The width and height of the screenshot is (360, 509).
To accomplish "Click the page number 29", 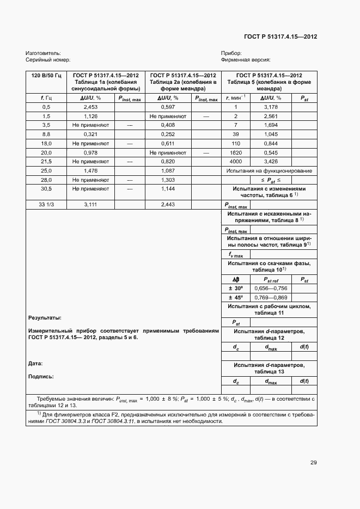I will [x=313, y=463].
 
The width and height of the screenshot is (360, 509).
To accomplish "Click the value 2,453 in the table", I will [x=91, y=107].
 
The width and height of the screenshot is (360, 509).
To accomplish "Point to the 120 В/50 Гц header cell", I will [x=46, y=75].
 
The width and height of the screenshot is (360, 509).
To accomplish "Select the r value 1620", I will [x=236, y=152].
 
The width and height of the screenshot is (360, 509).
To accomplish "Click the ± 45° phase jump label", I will [x=236, y=297].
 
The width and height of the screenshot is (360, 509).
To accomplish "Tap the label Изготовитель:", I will [x=41, y=53].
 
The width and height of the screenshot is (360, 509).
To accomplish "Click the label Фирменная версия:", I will [x=246, y=60].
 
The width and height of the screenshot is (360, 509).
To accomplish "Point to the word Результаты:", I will [x=44, y=317].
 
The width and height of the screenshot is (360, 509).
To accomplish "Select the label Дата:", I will [x=35, y=363].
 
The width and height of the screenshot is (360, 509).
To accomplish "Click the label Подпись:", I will [x=40, y=376].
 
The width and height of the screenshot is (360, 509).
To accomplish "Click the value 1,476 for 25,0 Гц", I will [x=91, y=171].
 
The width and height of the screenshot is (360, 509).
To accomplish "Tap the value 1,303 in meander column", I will [x=168, y=180].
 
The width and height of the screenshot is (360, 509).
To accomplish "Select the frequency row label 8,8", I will [x=46, y=134].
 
